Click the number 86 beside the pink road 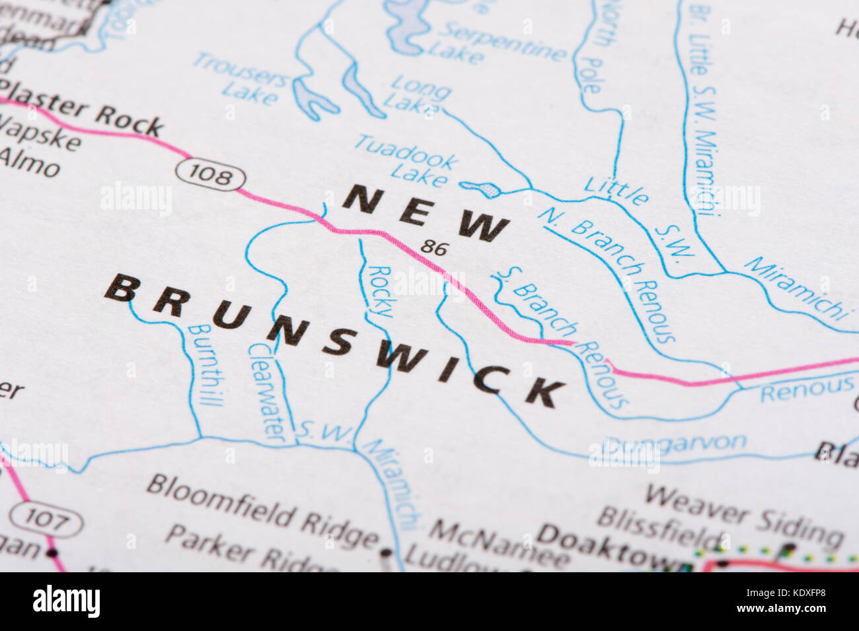coord(434,248)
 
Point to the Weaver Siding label coord(743,515)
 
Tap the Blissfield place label coord(661,526)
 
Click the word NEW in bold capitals coord(426,211)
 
